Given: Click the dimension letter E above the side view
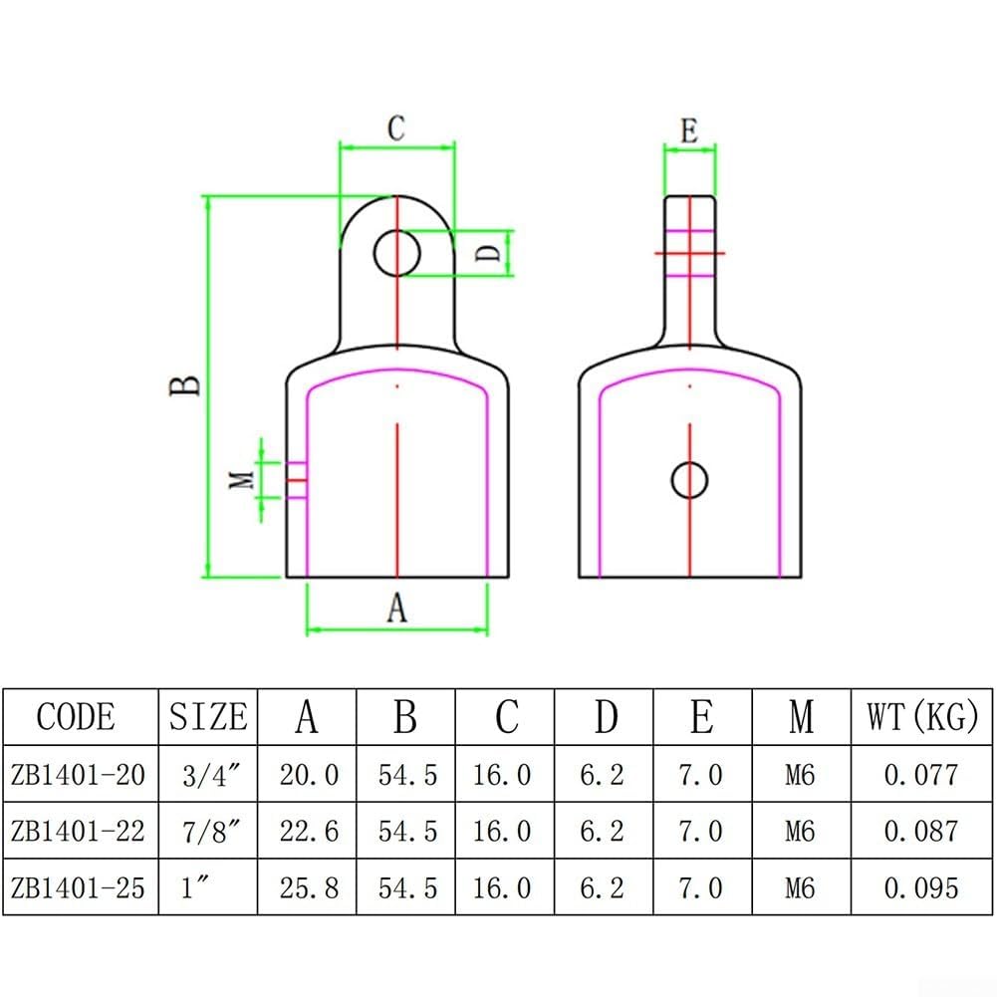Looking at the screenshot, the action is (689, 131).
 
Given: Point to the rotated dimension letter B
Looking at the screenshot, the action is (185, 386).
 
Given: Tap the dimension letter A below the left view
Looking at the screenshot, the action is (396, 607).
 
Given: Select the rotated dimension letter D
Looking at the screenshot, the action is (488, 253).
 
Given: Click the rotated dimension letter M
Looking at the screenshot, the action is (241, 480).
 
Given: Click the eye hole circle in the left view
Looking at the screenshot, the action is (396, 253).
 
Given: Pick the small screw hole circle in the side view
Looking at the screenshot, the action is (690, 480).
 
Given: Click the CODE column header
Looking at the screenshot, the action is (77, 716).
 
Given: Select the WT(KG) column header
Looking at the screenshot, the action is (922, 716).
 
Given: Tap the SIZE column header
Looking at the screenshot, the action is (208, 716).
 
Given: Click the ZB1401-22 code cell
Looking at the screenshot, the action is (79, 831).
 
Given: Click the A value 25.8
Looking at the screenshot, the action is (309, 887).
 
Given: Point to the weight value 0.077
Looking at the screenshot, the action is (921, 775).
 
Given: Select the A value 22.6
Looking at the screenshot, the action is (309, 831).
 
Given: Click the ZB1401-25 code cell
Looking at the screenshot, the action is (79, 887).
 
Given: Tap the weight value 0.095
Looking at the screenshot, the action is (921, 887).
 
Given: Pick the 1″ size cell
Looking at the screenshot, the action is (194, 886).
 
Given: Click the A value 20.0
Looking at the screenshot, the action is (309, 775).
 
